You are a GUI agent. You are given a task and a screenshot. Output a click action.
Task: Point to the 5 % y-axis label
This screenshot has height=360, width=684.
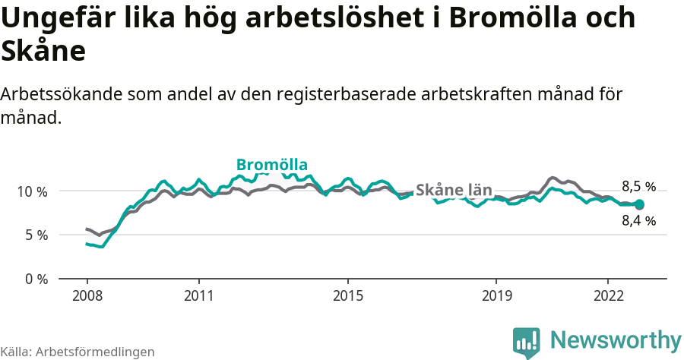(x=36, y=235)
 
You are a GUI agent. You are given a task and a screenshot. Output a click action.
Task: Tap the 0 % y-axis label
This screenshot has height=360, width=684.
(x=36, y=279)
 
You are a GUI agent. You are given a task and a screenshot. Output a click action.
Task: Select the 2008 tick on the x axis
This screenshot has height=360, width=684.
(x=87, y=295)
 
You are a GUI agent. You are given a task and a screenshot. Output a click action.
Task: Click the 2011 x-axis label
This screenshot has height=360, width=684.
(x=198, y=295)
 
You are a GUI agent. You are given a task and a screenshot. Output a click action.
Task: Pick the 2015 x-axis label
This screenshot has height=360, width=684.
(x=347, y=295)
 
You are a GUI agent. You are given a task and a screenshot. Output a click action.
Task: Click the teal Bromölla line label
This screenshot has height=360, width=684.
(x=272, y=165)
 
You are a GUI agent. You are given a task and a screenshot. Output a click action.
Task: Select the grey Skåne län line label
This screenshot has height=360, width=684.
(x=454, y=191)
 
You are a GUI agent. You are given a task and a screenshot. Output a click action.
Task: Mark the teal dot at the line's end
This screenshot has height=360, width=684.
(x=639, y=204)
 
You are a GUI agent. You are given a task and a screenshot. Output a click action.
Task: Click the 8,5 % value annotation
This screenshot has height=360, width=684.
(x=638, y=187)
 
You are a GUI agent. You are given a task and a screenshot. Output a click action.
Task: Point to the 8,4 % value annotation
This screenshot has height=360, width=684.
(x=638, y=221)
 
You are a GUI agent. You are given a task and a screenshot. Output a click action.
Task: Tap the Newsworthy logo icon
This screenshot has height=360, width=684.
(x=526, y=343)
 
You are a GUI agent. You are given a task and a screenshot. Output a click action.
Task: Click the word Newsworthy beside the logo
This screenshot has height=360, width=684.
(x=616, y=339)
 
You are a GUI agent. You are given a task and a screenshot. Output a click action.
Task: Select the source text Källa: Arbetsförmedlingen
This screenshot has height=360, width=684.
(x=78, y=352)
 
